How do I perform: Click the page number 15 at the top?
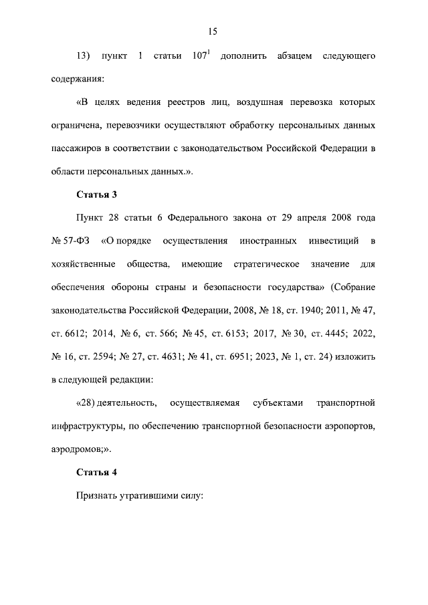213,31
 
